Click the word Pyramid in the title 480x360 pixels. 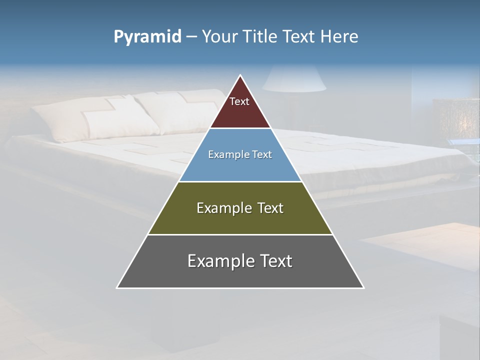click(x=147, y=37)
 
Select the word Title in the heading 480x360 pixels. click(x=259, y=36)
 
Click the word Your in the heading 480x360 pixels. click(x=219, y=36)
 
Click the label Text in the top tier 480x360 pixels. click(x=239, y=101)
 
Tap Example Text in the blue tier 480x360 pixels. click(x=240, y=154)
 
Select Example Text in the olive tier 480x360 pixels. click(x=240, y=208)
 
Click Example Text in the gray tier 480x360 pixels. click(x=240, y=261)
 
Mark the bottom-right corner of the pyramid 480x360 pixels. click(x=363, y=287)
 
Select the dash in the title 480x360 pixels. click(x=191, y=37)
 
